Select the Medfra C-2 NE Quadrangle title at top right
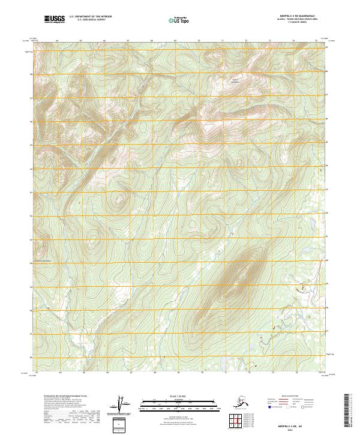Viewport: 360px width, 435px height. pos(298,17)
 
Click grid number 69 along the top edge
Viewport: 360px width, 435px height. pos(175,41)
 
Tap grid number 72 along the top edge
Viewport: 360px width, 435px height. pos(247,41)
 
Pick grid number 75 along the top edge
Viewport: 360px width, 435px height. pos(317,41)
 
